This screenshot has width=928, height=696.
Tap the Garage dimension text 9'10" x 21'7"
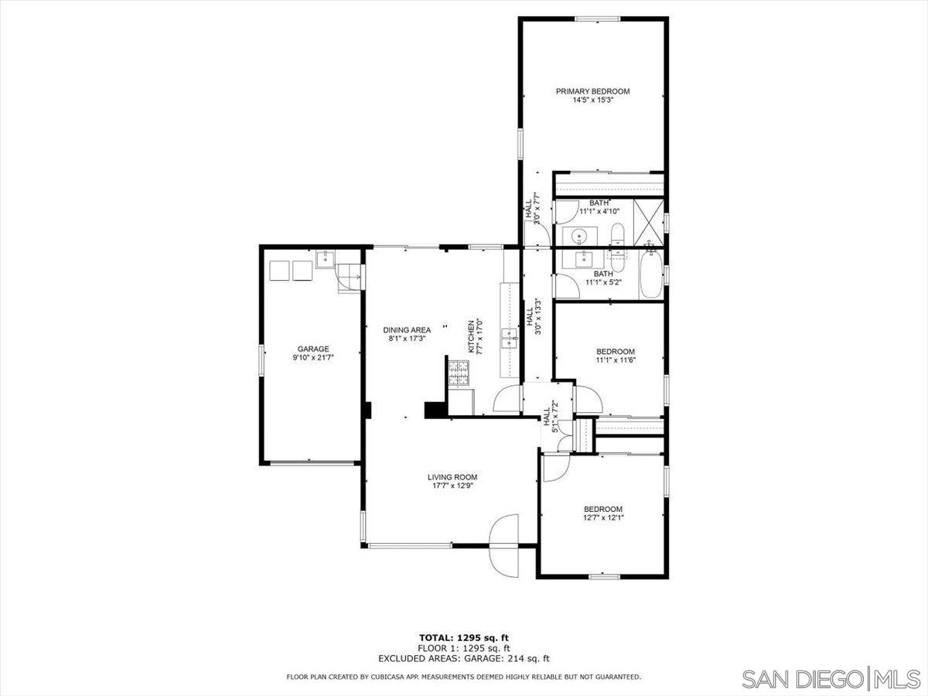coord(313,357)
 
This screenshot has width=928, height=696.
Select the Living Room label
coord(452,477)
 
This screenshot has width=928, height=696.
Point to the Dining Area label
coord(407,330)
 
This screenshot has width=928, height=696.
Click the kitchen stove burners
coord(459,374)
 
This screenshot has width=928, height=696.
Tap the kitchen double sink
coord(510,339)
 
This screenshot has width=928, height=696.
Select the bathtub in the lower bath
coord(650,275)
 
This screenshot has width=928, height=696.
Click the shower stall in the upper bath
coord(648,222)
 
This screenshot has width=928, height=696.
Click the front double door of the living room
coord(503,545)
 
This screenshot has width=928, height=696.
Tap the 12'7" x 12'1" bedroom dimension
coord(603,517)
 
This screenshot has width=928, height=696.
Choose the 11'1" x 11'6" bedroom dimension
coord(616,360)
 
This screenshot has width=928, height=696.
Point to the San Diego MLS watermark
coord(831,680)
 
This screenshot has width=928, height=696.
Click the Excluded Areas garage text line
coord(464,670)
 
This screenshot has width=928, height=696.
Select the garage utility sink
coord(325,259)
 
